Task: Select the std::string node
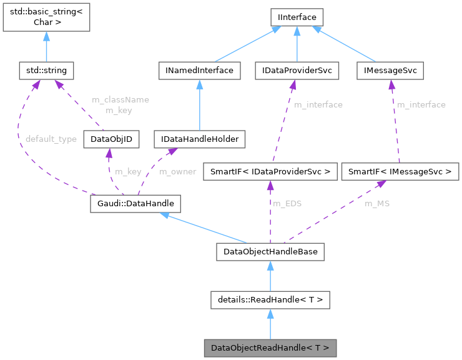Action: tap(46, 71)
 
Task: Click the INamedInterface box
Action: tap(200, 71)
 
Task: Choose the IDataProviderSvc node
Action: tap(297, 71)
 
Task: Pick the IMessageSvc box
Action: tap(390, 71)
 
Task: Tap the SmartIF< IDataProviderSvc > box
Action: tap(270, 171)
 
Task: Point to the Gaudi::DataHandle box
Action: tap(135, 203)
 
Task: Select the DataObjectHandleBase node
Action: tap(270, 252)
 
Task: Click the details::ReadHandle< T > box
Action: tap(270, 300)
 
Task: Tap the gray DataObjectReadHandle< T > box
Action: tap(270, 347)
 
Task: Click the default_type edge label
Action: tap(51, 139)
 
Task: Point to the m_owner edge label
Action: tap(178, 171)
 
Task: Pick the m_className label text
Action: tap(120, 99)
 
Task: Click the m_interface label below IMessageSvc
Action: tap(421, 104)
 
